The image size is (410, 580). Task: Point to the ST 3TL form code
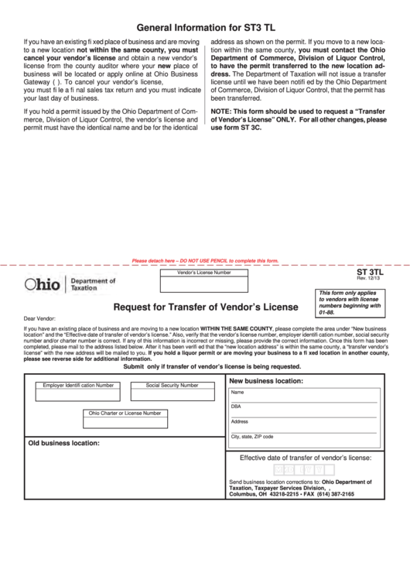coord(370,273)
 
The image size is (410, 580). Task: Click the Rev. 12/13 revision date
coord(370,280)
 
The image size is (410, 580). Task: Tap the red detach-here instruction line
coord(205,261)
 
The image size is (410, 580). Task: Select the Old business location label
coord(64,444)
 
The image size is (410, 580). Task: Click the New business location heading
coord(265,381)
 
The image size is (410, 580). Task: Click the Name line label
coord(237,392)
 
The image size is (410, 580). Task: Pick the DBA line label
coord(236,407)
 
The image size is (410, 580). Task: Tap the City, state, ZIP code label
coord(252,436)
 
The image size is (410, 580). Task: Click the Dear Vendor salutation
coord(39,318)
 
